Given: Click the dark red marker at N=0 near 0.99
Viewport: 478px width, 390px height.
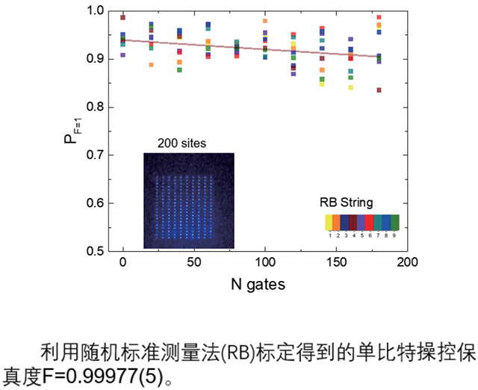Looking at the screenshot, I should [x=123, y=17].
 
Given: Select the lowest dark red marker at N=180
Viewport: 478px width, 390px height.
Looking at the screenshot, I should [x=379, y=90].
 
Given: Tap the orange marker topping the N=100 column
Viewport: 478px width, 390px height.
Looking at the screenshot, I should [x=265, y=22].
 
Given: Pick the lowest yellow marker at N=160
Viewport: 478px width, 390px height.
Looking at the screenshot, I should [x=351, y=87].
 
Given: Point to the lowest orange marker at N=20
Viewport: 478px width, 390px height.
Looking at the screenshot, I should [x=152, y=65].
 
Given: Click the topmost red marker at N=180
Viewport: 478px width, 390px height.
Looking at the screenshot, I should [x=379, y=17].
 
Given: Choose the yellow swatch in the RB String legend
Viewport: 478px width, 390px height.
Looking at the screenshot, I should [x=328, y=222].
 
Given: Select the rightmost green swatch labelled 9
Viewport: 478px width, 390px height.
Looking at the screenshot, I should [x=395, y=222].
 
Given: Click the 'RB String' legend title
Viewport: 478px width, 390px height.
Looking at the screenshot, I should [x=346, y=203].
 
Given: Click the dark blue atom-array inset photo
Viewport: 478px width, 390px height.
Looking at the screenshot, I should [x=188, y=200].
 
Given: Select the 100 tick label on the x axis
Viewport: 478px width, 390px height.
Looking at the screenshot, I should [x=264, y=263].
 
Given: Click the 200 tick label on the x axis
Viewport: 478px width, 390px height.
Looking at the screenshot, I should [x=406, y=263].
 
